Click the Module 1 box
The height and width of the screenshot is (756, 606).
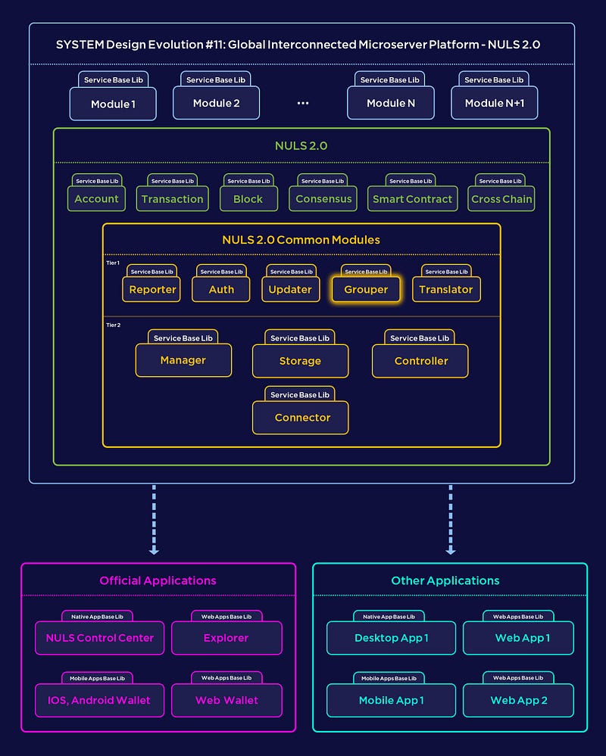coord(113,104)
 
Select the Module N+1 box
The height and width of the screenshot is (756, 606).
coord(494,103)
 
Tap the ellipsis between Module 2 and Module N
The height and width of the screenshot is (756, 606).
coord(303,103)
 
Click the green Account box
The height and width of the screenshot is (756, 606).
coord(96,198)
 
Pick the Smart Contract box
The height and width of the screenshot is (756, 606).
coord(413,198)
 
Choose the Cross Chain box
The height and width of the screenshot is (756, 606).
coord(501,198)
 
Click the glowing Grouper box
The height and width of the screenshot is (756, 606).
coord(366,289)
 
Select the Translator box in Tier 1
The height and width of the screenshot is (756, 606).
coord(446,289)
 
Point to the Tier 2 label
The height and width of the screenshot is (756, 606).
coord(114,325)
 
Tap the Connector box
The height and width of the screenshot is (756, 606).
coord(301,418)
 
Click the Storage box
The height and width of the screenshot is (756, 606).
coord(300,361)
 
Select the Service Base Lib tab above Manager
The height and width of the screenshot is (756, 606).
coord(183,338)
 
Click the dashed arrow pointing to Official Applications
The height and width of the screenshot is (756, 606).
coord(154,520)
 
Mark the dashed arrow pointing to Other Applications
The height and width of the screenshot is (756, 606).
coord(451,520)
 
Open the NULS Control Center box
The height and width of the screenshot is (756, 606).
coord(100,638)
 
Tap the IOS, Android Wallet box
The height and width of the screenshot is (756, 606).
coord(100,700)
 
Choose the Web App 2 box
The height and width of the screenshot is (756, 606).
coord(518,700)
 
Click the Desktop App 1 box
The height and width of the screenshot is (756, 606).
coord(392,638)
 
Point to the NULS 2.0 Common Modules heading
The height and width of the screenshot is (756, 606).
coord(301,240)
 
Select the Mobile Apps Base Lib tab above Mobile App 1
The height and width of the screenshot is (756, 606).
coord(389,678)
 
